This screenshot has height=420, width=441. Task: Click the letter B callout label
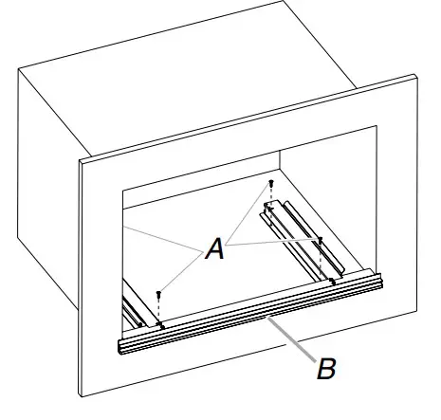click(325, 369)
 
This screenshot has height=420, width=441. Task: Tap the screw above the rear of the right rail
click(271, 183)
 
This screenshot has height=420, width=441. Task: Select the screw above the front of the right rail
click(321, 241)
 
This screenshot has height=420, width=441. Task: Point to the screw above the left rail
click(159, 295)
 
